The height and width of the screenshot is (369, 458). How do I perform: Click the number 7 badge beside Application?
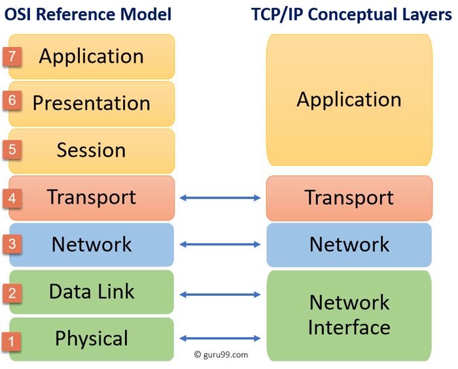12,56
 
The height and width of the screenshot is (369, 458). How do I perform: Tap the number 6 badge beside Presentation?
12,101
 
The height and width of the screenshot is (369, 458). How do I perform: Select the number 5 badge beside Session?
12,149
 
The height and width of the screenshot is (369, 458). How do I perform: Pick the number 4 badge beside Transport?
12,197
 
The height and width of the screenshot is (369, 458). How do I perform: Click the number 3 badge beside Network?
12,244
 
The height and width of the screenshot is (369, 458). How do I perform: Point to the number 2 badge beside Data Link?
12,293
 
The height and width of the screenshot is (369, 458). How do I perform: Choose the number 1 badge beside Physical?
12,340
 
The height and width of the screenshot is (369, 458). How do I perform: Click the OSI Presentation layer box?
92,103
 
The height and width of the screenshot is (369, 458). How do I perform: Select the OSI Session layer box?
92,150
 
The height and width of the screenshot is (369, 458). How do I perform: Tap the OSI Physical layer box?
92,339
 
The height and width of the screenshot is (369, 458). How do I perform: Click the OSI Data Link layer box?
92,292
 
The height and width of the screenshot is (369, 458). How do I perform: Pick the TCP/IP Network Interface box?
349,315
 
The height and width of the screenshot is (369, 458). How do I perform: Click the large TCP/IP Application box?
349,100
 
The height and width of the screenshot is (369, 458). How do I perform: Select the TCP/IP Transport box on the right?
349,198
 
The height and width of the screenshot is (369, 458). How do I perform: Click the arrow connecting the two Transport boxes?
220,197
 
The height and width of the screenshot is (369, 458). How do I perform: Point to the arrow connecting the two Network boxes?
220,244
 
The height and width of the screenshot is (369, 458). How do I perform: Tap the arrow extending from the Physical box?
220,338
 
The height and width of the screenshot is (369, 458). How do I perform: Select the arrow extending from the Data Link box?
220,295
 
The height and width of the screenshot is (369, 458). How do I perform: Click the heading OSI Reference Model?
88,14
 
